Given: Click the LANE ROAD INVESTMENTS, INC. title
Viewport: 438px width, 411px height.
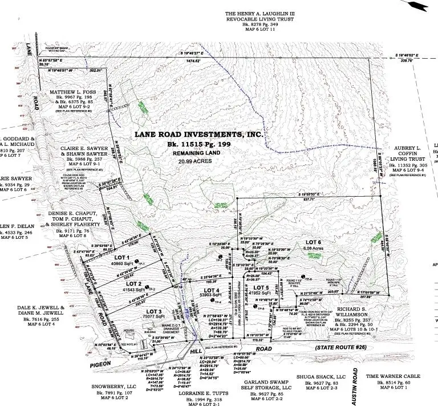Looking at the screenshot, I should (198, 135).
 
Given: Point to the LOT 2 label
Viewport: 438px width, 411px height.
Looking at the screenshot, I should (133, 283).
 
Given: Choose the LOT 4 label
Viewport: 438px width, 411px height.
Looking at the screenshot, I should (210, 291).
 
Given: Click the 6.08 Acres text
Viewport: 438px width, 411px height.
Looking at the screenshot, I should (315, 249).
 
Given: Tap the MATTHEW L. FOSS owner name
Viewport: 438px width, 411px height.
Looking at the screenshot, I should (66, 91).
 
